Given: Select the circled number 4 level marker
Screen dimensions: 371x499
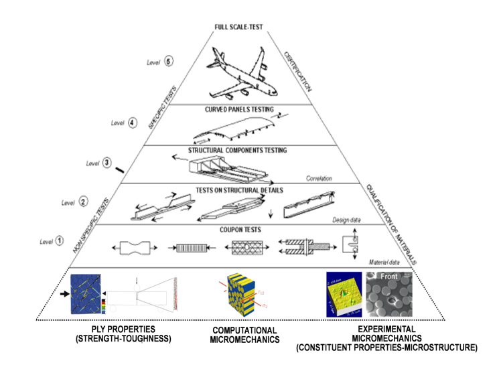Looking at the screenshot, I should tap(132, 123).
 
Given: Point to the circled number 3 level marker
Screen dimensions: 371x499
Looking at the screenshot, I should tap(106, 163).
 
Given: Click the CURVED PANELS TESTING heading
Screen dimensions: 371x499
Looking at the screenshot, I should tap(242, 110).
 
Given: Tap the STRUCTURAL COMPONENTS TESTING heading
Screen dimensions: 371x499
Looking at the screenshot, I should tap(242, 151).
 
